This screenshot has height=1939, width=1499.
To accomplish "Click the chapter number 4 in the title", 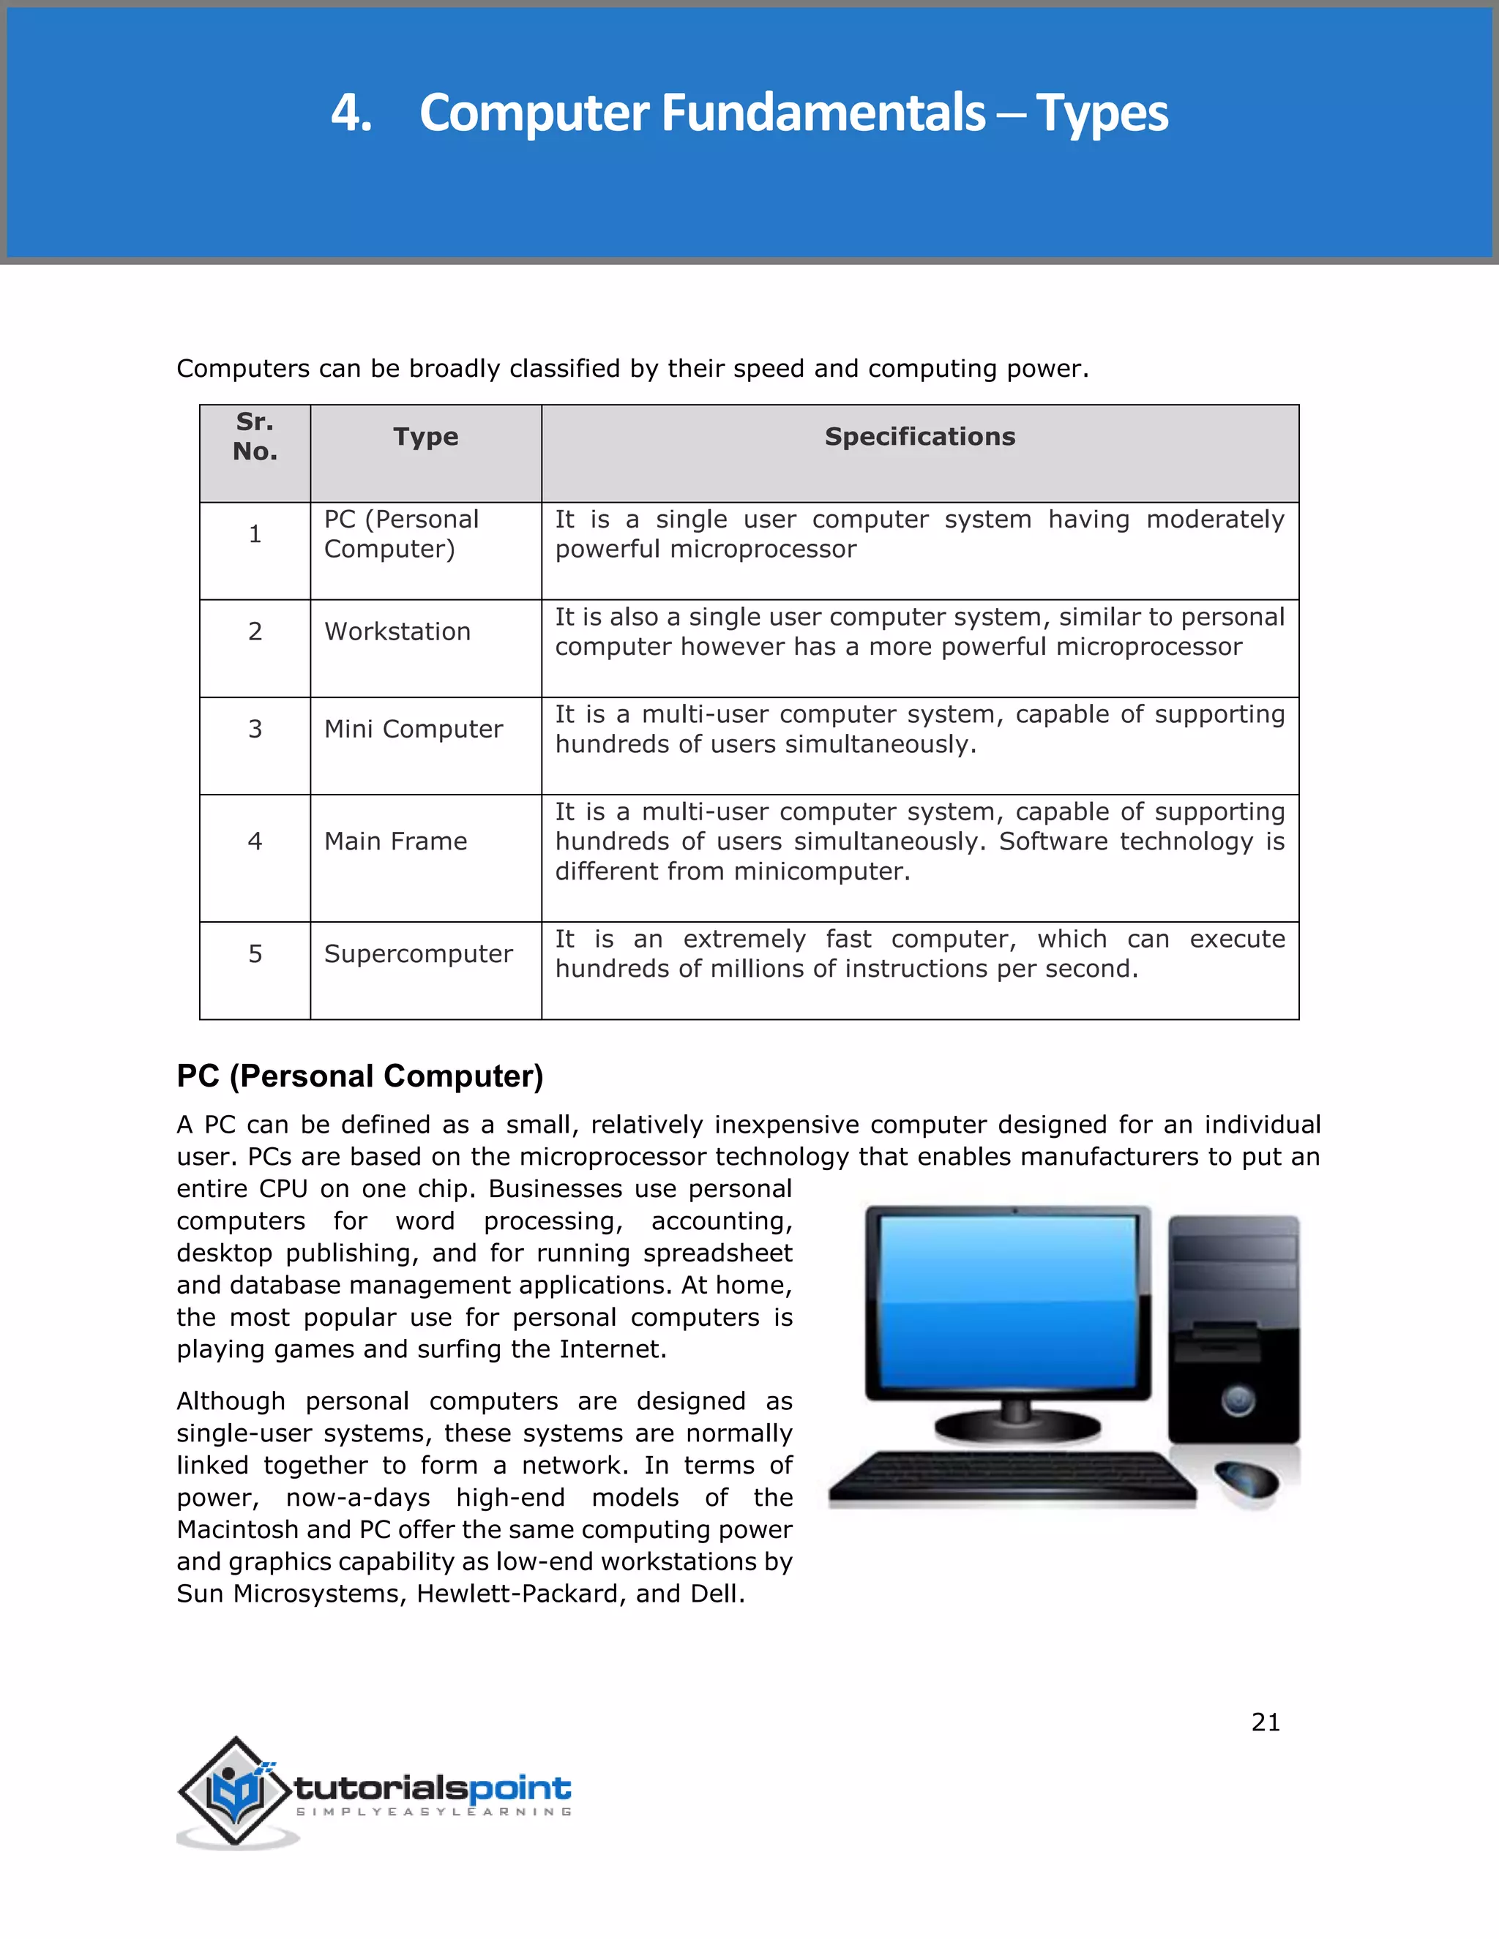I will pyautogui.click(x=350, y=113).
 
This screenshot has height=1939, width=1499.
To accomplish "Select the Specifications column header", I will pyautogui.click(x=919, y=437).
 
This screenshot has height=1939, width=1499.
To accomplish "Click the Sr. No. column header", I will pyautogui.click(x=255, y=437).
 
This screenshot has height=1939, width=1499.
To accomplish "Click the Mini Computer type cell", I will pyautogui.click(x=413, y=729).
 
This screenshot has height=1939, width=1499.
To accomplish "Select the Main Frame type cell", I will pyautogui.click(x=395, y=841).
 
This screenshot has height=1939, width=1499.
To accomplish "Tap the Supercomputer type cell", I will pyautogui.click(x=418, y=953).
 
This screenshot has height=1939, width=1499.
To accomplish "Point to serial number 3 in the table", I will pyautogui.click(x=255, y=729).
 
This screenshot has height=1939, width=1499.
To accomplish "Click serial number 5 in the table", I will pyautogui.click(x=255, y=953).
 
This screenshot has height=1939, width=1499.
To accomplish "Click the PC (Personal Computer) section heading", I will pyautogui.click(x=359, y=1076).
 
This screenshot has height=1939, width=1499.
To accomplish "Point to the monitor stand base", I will pyautogui.click(x=1017, y=1428).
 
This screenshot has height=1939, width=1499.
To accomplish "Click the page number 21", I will pyautogui.click(x=1266, y=1722).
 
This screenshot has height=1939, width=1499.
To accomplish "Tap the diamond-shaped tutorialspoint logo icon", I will pyautogui.click(x=236, y=1790).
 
